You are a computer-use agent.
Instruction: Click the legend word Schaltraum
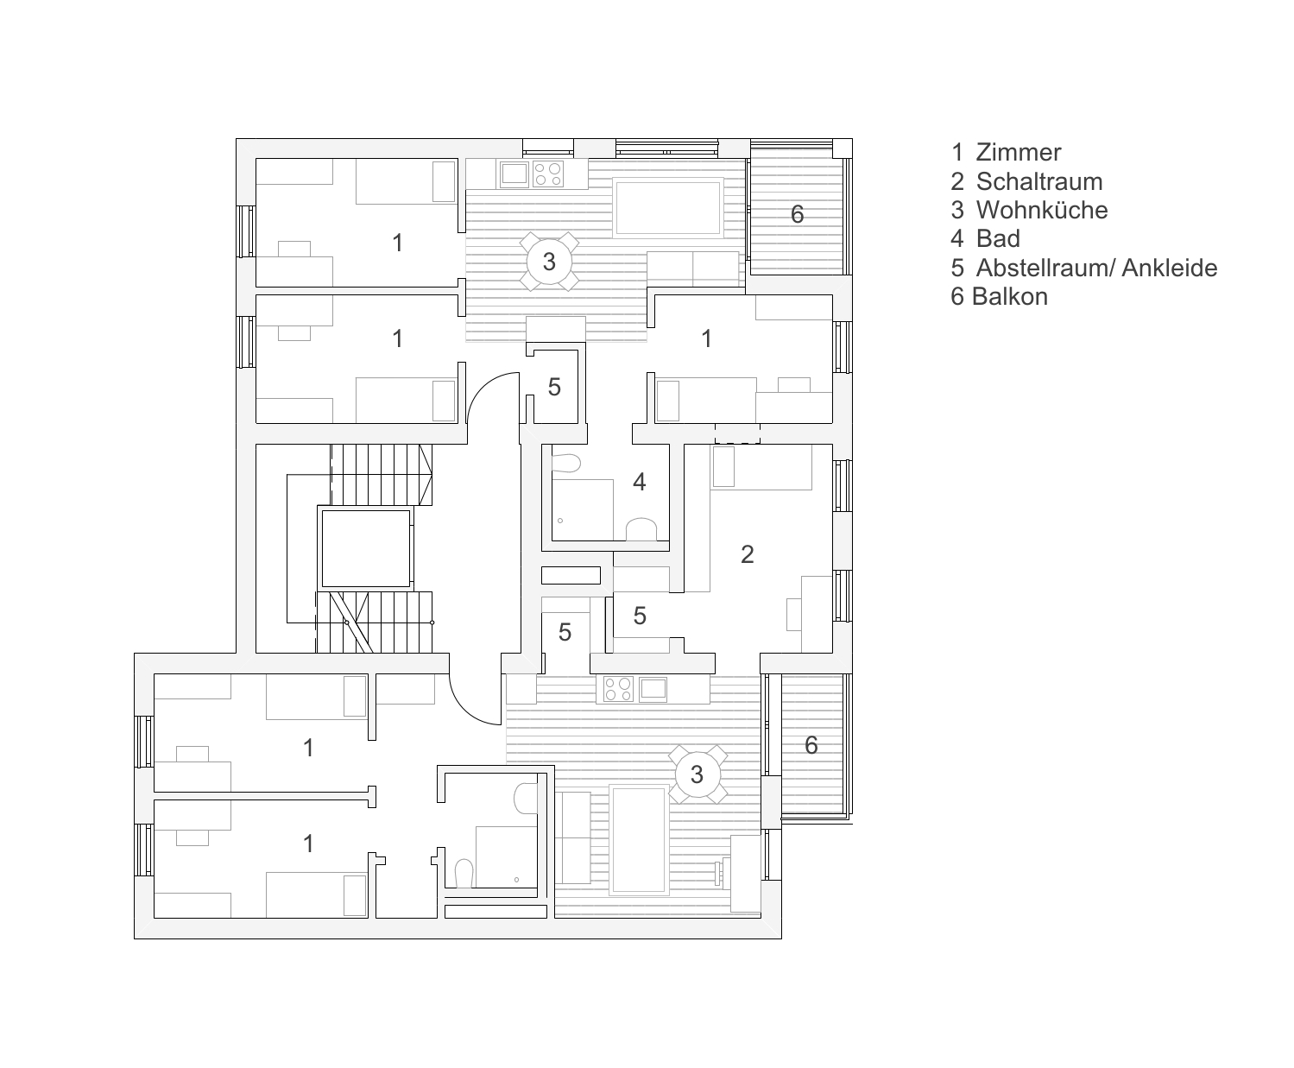[1039, 181]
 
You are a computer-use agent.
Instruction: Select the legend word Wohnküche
[1042, 210]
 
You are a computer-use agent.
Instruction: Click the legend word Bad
[998, 238]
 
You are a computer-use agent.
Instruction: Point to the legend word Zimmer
[1019, 153]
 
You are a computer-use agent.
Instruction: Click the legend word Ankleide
[1170, 268]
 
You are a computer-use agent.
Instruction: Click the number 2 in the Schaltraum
[748, 554]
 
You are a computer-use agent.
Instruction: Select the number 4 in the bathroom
[640, 482]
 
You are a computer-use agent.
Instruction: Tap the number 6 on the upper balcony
[798, 214]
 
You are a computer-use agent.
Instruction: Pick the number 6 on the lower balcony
[811, 744]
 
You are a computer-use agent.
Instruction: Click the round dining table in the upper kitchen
[549, 262]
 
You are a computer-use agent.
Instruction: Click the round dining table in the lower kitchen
[697, 774]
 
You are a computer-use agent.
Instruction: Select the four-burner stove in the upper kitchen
[548, 174]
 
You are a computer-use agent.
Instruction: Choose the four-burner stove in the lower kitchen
[618, 689]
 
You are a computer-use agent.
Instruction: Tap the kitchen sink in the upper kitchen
[514, 174]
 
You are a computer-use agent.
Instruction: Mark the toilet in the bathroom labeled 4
[641, 528]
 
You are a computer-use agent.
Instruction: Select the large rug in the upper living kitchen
[668, 208]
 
